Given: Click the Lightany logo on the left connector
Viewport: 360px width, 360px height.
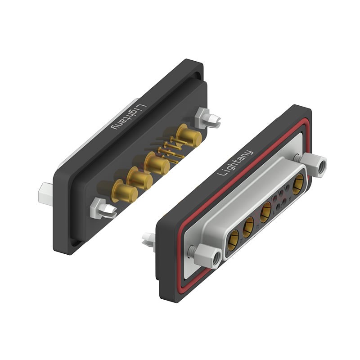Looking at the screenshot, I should coord(127,117).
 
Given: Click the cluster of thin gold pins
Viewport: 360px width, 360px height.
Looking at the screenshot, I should coord(171,149).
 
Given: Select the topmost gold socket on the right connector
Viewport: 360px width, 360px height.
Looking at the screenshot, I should coord(298,184).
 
